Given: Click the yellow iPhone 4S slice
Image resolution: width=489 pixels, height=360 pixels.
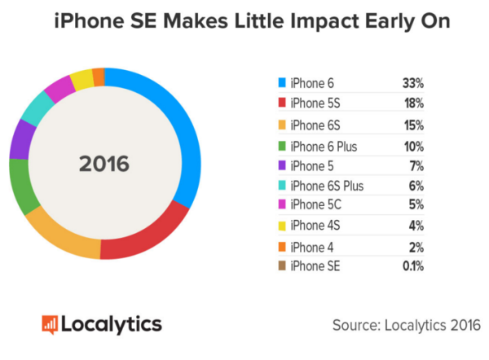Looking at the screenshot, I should pos(81,80).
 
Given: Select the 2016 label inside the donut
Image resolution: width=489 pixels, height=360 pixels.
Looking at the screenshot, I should pos(104,163).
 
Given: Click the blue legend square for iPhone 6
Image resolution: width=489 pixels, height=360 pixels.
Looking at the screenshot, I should pos(282,83).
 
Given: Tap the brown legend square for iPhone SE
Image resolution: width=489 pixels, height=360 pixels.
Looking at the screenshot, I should pos(282,266).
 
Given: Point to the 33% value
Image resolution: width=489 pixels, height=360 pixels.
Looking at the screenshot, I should pos(412,83).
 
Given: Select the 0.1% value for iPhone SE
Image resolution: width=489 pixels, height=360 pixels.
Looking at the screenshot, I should pos(412,266).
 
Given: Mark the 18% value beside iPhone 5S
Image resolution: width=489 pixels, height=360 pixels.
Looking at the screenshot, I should pos(412,103).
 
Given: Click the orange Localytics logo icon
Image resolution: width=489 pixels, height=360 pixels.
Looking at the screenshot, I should pos(51,323).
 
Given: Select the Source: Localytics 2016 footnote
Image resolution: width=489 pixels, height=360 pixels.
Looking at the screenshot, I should pos(405,324).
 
